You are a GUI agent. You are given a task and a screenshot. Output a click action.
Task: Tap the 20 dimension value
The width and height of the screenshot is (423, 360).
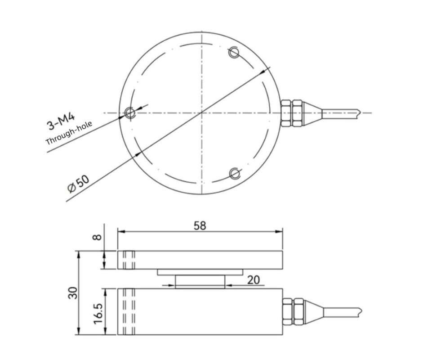(x=254, y=279)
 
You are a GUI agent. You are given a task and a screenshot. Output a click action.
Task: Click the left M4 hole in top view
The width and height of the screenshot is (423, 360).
(x=130, y=112)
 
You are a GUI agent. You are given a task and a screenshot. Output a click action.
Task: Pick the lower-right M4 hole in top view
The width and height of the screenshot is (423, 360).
(x=234, y=173)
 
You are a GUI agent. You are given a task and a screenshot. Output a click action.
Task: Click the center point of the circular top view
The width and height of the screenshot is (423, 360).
(x=202, y=112)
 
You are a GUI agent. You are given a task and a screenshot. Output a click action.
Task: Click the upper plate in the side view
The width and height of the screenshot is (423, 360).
(x=200, y=260)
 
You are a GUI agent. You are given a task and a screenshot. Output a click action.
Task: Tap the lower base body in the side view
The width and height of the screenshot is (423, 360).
(x=200, y=311)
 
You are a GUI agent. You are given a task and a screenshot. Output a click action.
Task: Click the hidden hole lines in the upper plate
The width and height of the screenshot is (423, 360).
(x=129, y=260)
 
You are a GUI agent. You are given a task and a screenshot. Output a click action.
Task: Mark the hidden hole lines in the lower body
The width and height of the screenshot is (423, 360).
(x=129, y=311)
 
